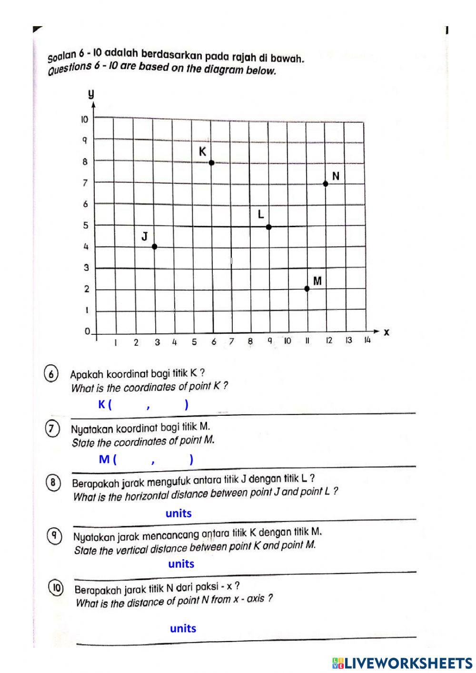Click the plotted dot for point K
(212, 163)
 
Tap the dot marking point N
(326, 184)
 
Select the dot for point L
(269, 227)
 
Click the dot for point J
(154, 246)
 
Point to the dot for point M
(307, 289)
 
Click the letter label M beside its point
(317, 281)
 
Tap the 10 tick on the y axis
(84, 120)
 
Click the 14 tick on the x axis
(367, 340)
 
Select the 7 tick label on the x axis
(232, 342)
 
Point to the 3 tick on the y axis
(87, 268)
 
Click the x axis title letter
(387, 332)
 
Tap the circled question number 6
(51, 374)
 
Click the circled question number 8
(53, 483)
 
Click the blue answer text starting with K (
(143, 404)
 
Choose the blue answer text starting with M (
(146, 459)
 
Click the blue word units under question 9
(181, 564)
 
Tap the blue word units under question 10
(183, 628)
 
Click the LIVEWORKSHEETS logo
(402, 663)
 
